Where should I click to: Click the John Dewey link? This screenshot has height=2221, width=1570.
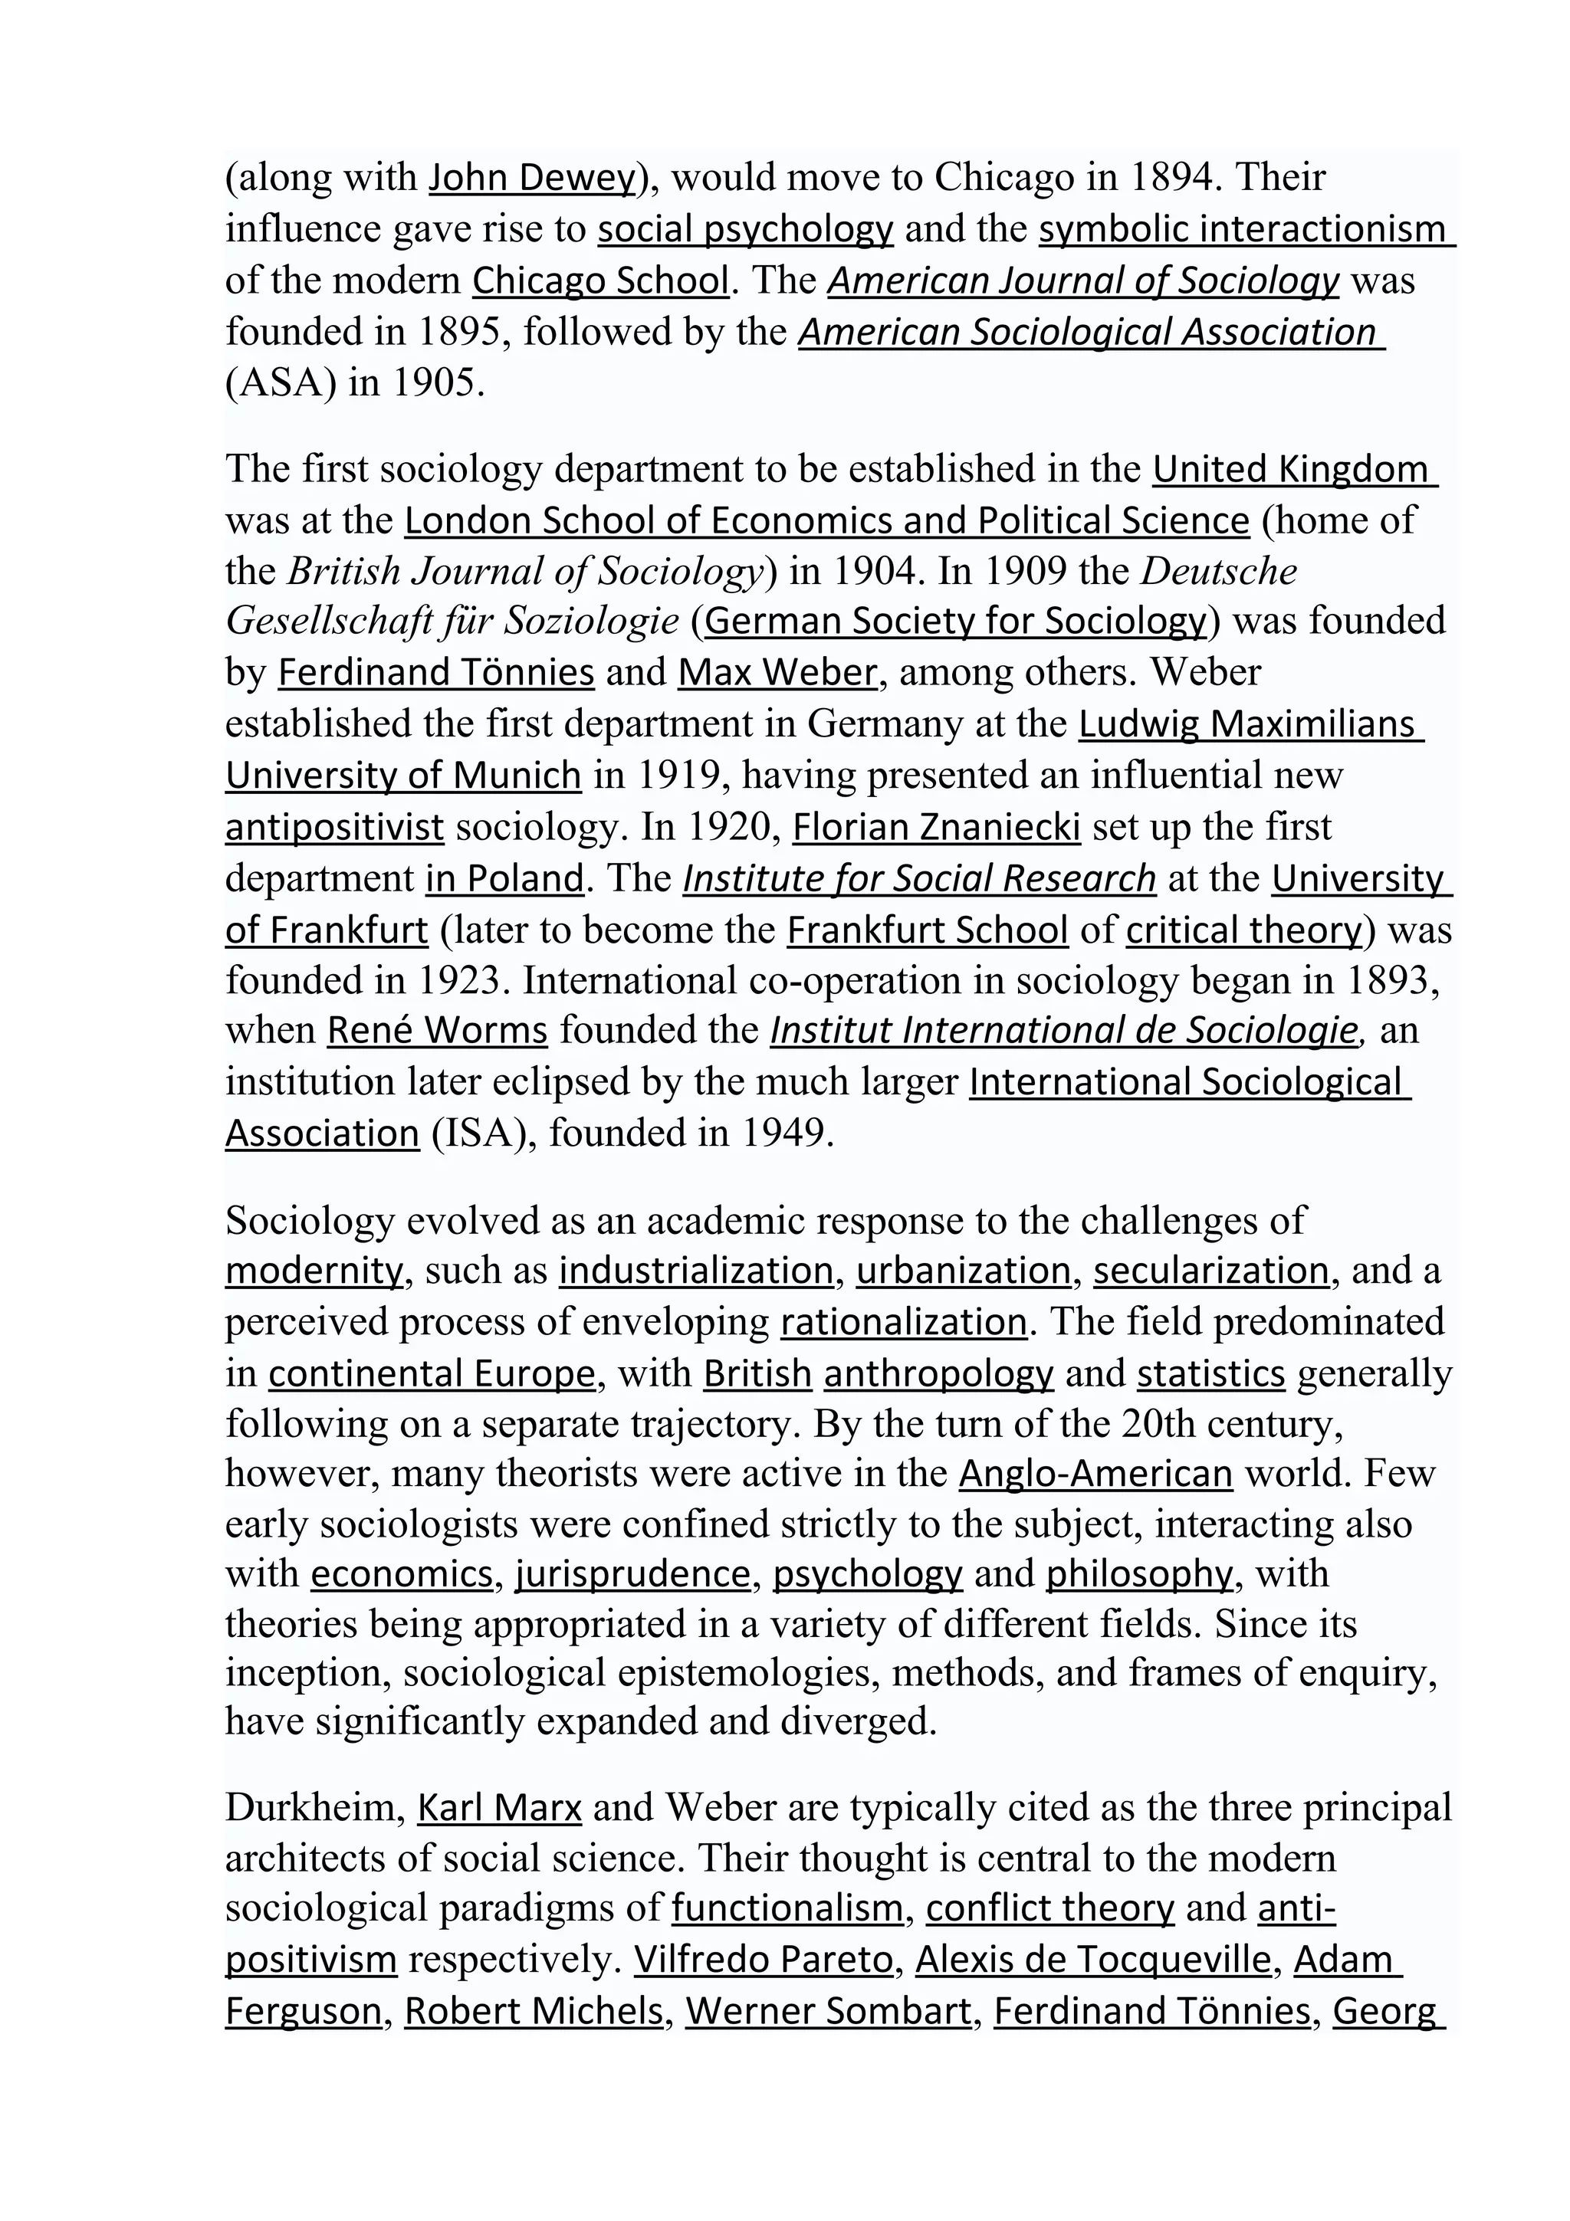point(530,177)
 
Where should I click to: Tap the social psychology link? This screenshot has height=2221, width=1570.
point(745,229)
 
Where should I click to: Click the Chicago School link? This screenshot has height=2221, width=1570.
point(599,280)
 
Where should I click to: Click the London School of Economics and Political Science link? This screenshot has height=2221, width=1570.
point(827,520)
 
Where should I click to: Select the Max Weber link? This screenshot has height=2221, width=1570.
point(777,672)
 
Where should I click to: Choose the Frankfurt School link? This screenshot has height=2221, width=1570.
point(927,930)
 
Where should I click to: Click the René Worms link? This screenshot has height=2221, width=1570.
point(437,1030)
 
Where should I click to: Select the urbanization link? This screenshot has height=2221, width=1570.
point(964,1270)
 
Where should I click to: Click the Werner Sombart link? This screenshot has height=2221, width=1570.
point(828,2010)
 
